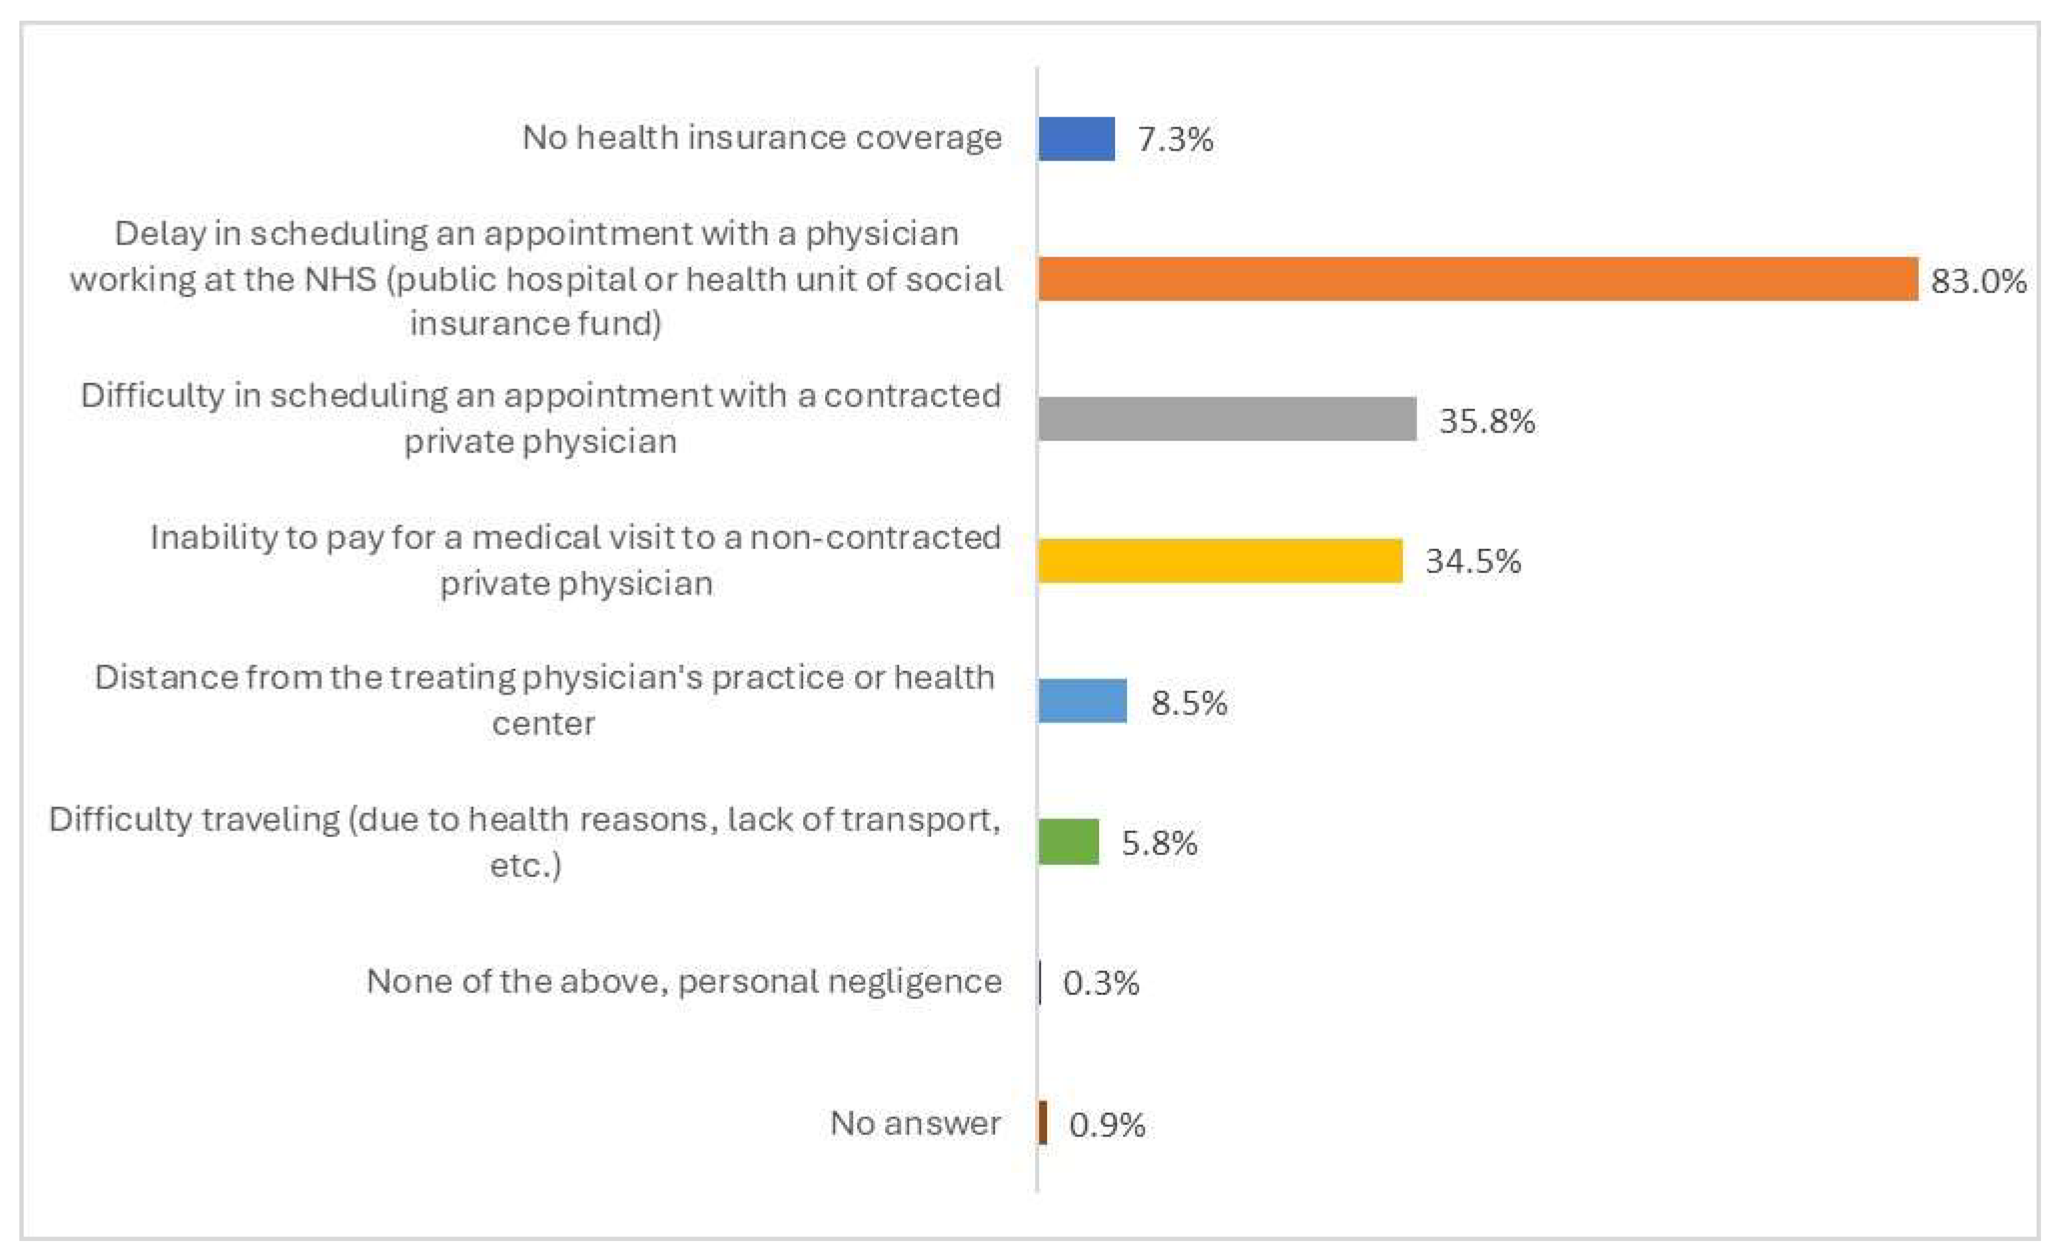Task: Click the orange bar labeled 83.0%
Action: pyautogui.click(x=1477, y=279)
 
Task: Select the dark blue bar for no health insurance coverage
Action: pyautogui.click(x=1076, y=139)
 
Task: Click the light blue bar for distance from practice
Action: pyautogui.click(x=1082, y=700)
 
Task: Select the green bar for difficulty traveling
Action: pyautogui.click(x=1068, y=842)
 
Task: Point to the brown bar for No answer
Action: pyautogui.click(x=1042, y=1123)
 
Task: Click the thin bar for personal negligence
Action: pyautogui.click(x=1040, y=982)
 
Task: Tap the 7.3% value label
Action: pyautogui.click(x=1175, y=139)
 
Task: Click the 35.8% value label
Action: pyautogui.click(x=1487, y=421)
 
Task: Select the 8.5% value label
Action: pyautogui.click(x=1188, y=703)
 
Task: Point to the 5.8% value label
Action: pyautogui.click(x=1159, y=843)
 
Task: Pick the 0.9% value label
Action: pyautogui.click(x=1106, y=1125)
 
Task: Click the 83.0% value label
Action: pyautogui.click(x=1978, y=281)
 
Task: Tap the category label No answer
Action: pyautogui.click(x=915, y=1124)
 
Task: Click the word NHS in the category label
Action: pyautogui.click(x=340, y=279)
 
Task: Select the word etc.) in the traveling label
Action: pyautogui.click(x=525, y=865)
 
